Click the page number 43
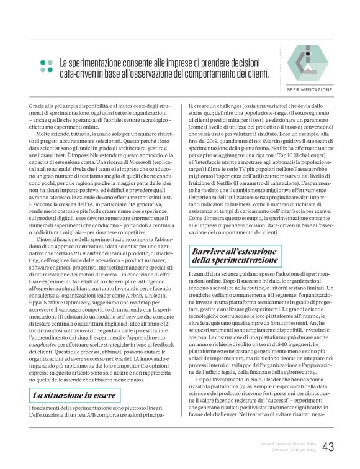328,447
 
